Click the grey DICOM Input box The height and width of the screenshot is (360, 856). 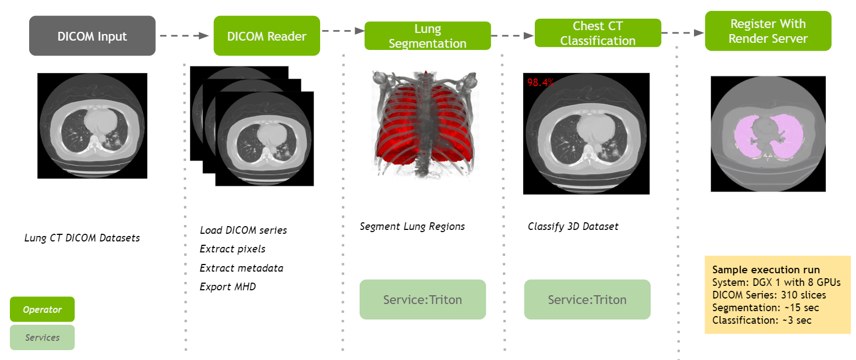[x=92, y=36]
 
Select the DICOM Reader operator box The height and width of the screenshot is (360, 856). [x=266, y=36]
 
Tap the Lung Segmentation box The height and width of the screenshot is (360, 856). [x=427, y=36]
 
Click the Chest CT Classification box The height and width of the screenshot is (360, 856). [x=597, y=33]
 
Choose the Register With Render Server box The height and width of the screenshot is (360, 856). [x=768, y=31]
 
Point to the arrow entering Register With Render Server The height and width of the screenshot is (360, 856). [x=682, y=33]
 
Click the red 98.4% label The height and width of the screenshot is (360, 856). [x=540, y=83]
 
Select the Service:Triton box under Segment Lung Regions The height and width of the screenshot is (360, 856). [x=422, y=300]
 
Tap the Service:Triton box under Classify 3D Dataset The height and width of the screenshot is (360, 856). [x=587, y=300]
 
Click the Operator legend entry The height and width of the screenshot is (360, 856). [x=42, y=310]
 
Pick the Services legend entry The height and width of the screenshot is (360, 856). [x=42, y=337]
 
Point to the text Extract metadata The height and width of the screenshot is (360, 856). [x=241, y=268]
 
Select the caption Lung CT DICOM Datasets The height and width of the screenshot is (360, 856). [x=82, y=238]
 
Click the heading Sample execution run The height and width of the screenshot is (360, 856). [x=765, y=270]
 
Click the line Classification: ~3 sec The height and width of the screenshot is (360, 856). [x=762, y=320]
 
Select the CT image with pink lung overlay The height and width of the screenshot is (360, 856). [x=768, y=133]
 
